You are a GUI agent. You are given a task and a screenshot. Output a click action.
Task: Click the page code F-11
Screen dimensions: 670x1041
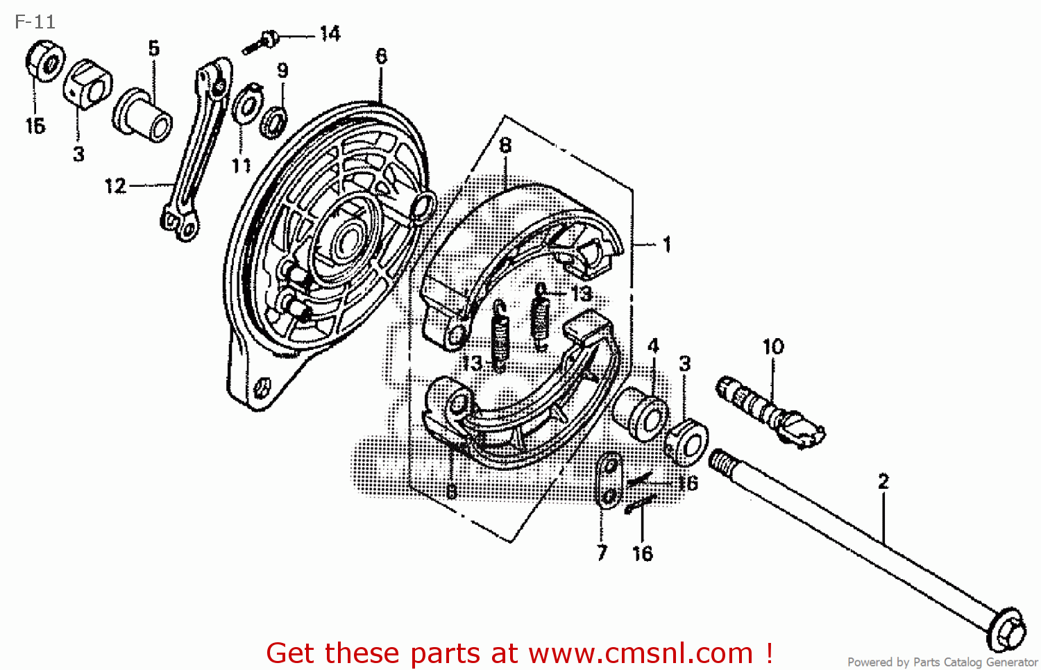click(35, 22)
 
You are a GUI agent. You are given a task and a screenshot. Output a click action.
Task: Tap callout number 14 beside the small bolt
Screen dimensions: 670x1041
click(330, 33)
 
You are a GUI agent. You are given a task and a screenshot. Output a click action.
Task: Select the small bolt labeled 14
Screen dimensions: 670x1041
click(262, 42)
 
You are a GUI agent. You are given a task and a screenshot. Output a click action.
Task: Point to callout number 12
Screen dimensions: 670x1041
click(115, 186)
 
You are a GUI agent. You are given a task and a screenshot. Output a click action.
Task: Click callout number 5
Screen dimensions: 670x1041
click(153, 48)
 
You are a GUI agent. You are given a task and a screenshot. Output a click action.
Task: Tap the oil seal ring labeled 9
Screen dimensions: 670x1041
click(274, 122)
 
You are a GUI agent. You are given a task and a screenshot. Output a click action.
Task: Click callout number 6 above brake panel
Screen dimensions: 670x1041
click(381, 56)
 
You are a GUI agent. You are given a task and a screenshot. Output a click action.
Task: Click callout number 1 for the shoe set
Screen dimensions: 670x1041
click(666, 244)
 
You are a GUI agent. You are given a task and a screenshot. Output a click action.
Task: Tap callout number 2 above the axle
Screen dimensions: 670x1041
click(883, 481)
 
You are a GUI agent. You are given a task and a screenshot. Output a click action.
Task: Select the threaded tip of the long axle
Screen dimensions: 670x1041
click(722, 459)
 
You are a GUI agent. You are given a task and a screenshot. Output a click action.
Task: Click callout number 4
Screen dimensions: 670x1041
click(653, 346)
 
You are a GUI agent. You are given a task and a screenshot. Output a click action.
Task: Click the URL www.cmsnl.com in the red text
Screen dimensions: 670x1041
click(641, 653)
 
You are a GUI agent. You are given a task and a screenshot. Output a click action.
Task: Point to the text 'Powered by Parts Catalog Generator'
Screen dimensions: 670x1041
click(942, 662)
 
